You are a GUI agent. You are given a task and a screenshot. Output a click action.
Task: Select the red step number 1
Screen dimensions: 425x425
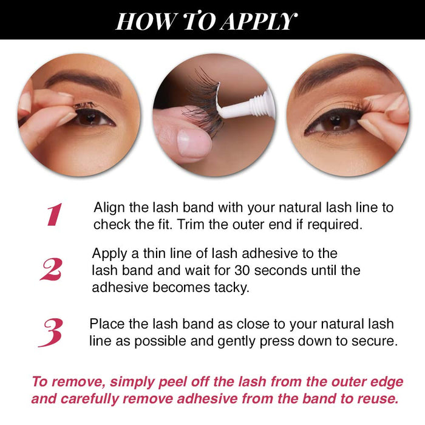tap(55, 215)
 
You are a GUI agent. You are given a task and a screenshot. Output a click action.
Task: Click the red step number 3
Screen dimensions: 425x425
tap(51, 332)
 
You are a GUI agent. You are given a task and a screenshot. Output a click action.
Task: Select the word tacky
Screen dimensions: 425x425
tap(230, 287)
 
